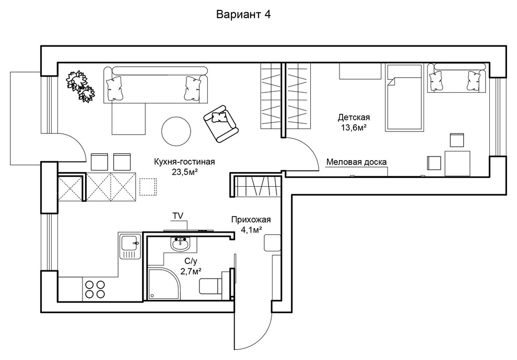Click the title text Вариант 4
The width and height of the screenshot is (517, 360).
tap(243, 15)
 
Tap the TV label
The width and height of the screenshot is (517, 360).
tap(178, 215)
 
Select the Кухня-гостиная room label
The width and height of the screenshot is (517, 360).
tap(184, 162)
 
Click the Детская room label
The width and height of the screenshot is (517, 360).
tap(354, 117)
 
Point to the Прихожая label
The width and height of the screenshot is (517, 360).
tap(251, 220)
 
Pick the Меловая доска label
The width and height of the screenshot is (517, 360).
tap(357, 162)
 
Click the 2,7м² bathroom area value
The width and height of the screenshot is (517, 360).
tap(191, 271)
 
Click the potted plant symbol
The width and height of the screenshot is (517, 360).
tap(80, 86)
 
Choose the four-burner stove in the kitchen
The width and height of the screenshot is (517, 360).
tap(95, 290)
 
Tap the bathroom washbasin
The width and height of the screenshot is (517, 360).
tap(180, 244)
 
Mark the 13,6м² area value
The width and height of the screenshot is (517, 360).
tap(354, 127)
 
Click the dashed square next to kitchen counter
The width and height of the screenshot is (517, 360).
tap(148, 187)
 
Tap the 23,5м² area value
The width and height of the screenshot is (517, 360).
tap(185, 172)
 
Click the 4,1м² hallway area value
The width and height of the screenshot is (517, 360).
tap(251, 230)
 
